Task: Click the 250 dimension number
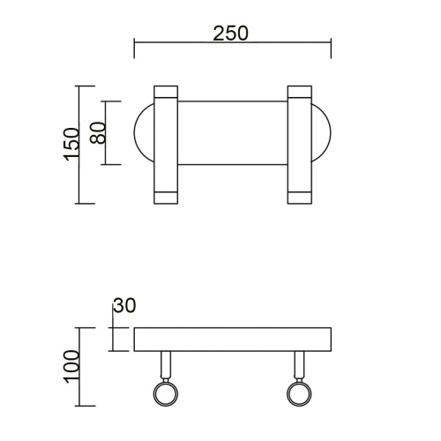pos(231,33)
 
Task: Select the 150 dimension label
pos(71,144)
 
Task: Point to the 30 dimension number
pos(125,307)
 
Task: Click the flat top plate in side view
pos(232,340)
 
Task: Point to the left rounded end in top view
pos(143,133)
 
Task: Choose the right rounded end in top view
pos(321,133)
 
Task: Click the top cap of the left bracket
pos(166,91)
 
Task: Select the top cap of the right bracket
pos(298,91)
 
